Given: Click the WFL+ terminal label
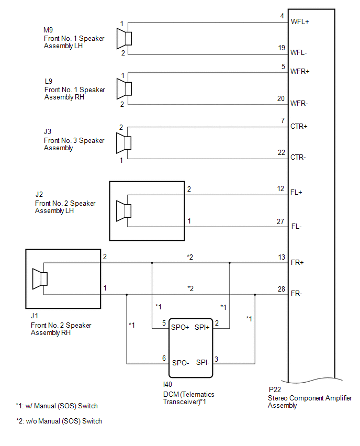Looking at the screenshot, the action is [x=300, y=21].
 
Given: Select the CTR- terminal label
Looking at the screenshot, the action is [x=298, y=157].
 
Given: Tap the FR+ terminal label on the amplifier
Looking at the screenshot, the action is [x=297, y=262].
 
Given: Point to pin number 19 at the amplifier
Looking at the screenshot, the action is [x=282, y=48].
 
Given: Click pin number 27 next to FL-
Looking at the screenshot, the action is [x=280, y=221].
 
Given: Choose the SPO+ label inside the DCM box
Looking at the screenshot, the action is [x=180, y=327].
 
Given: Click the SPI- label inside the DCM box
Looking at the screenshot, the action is [x=203, y=362].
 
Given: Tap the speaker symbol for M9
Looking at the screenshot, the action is [x=124, y=38].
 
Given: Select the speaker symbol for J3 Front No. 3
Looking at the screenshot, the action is [x=123, y=143].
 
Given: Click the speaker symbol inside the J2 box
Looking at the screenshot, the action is [x=123, y=211].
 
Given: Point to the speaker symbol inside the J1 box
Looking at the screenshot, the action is [x=40, y=278].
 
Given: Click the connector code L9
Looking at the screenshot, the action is [x=49, y=81].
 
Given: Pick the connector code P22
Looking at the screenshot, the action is [x=275, y=389].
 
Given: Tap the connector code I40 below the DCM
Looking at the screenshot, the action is [x=167, y=385].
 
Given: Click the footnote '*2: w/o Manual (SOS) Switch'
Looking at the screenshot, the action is [x=59, y=421].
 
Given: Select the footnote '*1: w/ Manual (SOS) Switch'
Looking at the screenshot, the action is [x=57, y=406].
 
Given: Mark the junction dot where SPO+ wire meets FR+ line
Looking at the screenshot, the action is [x=152, y=263].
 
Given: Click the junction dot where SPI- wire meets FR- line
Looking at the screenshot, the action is [x=255, y=295].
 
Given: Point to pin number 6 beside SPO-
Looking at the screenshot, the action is [x=164, y=358].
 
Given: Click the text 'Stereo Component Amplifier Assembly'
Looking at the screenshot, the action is [x=310, y=402].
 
